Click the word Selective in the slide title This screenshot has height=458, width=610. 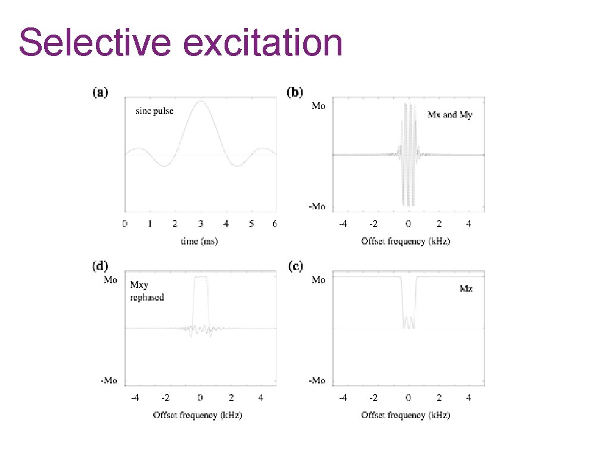click(x=90, y=43)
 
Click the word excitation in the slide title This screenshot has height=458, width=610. click(x=257, y=43)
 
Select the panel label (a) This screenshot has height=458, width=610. click(x=99, y=92)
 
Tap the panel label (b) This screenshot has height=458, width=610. click(x=295, y=92)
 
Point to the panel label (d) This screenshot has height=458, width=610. click(x=99, y=267)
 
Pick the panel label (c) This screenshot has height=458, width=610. click(x=295, y=267)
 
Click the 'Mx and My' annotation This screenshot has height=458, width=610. click(x=449, y=114)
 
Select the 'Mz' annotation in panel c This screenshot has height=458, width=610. click(x=466, y=289)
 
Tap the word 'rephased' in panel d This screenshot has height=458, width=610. click(x=147, y=297)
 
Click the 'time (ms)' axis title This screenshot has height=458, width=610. click(x=200, y=241)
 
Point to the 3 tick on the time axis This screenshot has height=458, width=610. click(x=201, y=224)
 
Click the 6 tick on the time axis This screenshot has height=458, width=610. click(x=275, y=224)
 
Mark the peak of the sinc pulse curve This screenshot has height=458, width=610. click(x=201, y=101)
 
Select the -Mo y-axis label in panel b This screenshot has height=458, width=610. click(x=316, y=206)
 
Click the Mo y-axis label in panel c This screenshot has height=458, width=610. click(x=319, y=280)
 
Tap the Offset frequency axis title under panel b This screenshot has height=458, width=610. click(x=405, y=241)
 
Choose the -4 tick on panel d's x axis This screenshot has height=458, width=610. click(x=135, y=397)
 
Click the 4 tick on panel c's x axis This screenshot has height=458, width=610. click(x=469, y=397)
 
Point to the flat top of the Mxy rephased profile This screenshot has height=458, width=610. click(x=201, y=277)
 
